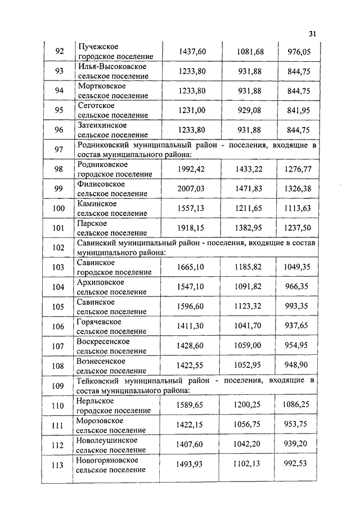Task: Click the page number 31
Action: tap(313, 33)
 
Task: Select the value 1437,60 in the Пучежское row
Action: tap(192, 52)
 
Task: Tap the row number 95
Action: tap(59, 110)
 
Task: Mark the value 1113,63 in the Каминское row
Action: tap(299, 209)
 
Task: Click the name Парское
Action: tap(92, 223)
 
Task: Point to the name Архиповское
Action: tap(101, 282)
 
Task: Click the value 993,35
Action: tap(299, 307)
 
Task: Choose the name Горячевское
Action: tap(100, 322)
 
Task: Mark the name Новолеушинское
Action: tap(107, 440)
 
